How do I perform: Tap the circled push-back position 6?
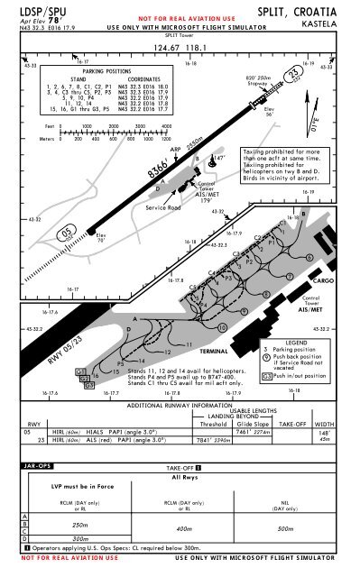309,259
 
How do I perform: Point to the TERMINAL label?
217,350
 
